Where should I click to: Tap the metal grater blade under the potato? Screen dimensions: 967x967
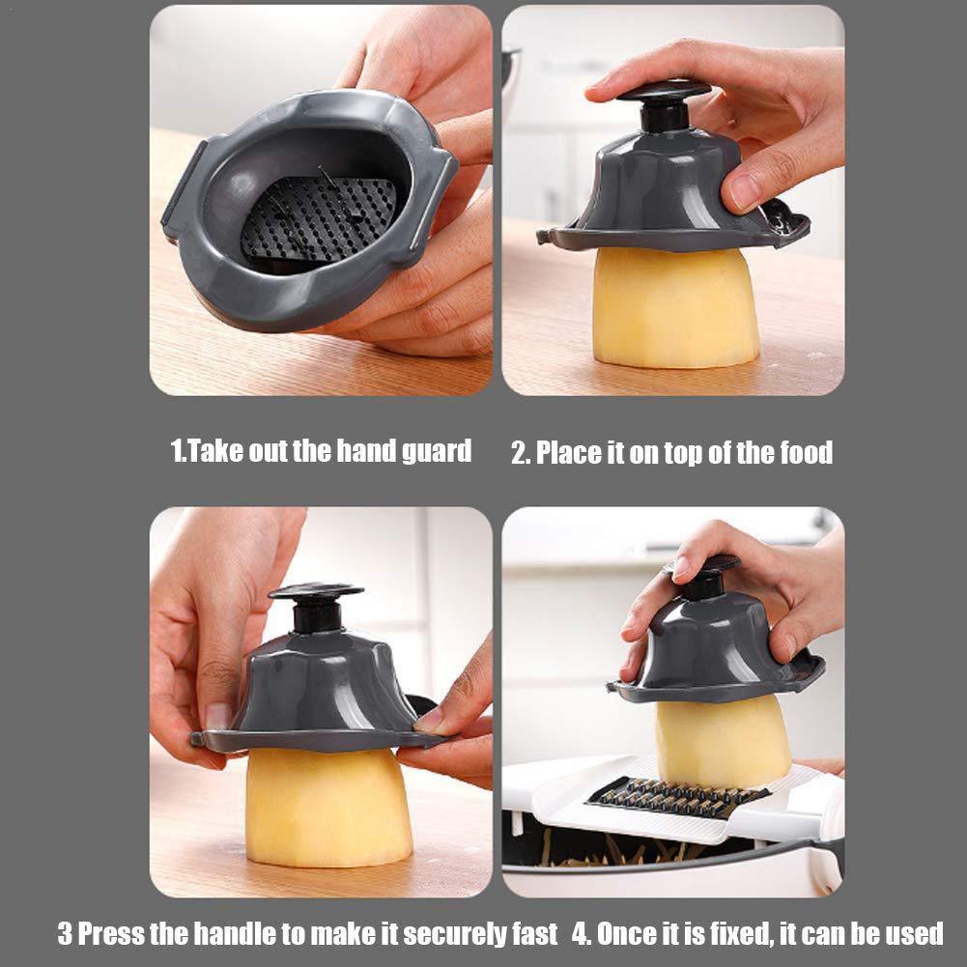(x=676, y=797)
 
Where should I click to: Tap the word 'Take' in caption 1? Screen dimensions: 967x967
(x=213, y=450)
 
